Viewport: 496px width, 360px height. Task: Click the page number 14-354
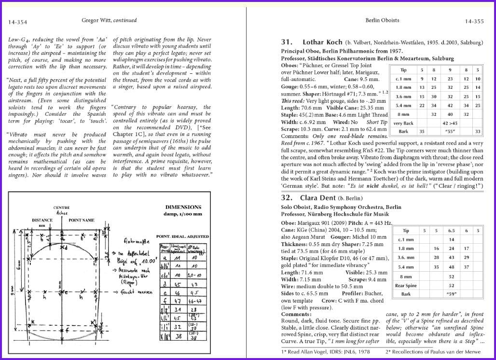(18, 22)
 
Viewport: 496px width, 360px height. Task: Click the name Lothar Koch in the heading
(322, 42)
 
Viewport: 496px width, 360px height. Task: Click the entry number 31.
(287, 42)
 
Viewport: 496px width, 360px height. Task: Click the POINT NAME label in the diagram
(81, 220)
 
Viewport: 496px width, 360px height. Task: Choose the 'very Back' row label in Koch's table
(403, 123)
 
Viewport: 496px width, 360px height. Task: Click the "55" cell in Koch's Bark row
(450, 131)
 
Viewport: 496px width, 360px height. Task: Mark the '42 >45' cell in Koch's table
(450, 123)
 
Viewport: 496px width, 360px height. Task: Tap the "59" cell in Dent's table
(452, 293)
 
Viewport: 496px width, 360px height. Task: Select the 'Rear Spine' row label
(406, 285)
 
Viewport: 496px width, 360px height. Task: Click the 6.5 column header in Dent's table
(452, 231)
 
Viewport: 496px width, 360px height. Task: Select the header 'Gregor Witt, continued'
(109, 20)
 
